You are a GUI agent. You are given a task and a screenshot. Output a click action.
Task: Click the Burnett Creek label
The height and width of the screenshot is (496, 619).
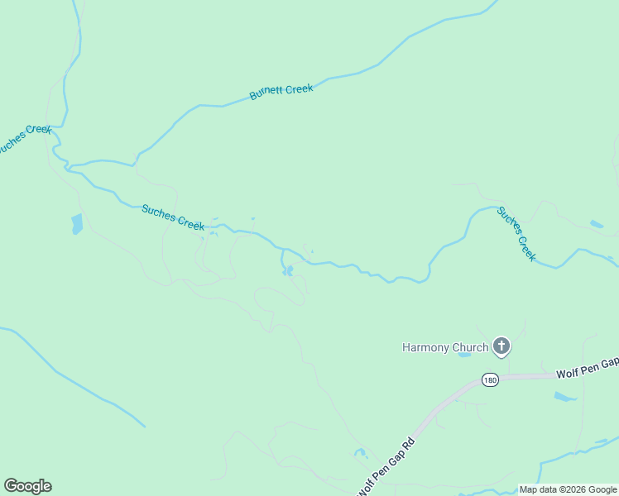click(281, 91)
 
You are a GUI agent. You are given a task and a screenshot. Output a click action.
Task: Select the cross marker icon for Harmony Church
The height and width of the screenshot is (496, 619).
click(501, 347)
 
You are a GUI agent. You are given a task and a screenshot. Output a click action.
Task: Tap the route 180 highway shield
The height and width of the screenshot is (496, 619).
click(490, 379)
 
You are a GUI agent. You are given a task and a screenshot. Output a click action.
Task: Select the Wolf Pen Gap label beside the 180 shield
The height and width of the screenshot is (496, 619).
click(587, 367)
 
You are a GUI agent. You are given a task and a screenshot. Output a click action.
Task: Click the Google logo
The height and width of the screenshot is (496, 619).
click(27, 485)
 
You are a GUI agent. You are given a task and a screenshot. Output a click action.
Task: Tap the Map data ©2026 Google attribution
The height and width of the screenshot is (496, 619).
click(568, 489)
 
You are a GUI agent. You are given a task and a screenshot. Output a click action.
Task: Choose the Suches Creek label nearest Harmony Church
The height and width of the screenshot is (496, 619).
click(516, 234)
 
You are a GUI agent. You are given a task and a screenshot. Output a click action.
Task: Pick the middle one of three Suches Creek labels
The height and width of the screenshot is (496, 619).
click(173, 217)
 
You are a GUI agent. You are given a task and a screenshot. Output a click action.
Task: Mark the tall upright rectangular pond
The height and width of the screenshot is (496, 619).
click(77, 223)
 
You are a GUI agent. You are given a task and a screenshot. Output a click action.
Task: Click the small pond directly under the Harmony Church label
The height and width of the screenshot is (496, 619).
click(464, 355)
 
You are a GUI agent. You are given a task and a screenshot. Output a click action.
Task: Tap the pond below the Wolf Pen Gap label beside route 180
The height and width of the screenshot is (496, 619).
click(565, 397)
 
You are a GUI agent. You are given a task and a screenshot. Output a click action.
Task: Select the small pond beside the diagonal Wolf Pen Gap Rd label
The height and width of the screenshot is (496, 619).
click(361, 453)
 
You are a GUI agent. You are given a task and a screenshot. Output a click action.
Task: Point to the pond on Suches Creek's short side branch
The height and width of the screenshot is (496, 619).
click(287, 270)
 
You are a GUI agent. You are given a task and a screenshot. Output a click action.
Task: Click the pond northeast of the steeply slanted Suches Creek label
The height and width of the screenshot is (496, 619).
click(597, 223)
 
